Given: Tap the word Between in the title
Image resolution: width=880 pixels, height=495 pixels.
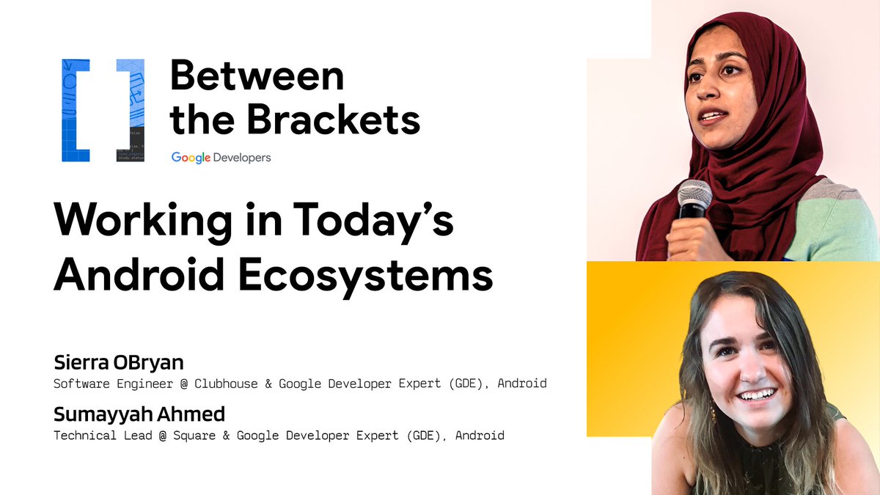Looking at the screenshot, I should coord(257,76).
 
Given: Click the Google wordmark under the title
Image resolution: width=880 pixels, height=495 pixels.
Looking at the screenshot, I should coord(191,158).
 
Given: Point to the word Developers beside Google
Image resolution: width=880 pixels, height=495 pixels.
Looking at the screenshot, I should coord(243,158).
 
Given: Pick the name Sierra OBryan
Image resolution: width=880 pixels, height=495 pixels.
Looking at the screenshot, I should coord(118,362).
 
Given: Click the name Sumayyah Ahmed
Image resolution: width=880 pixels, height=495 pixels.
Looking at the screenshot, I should coord(139,414).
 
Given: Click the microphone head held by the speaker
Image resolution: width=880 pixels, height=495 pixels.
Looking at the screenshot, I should coord(694,195).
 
